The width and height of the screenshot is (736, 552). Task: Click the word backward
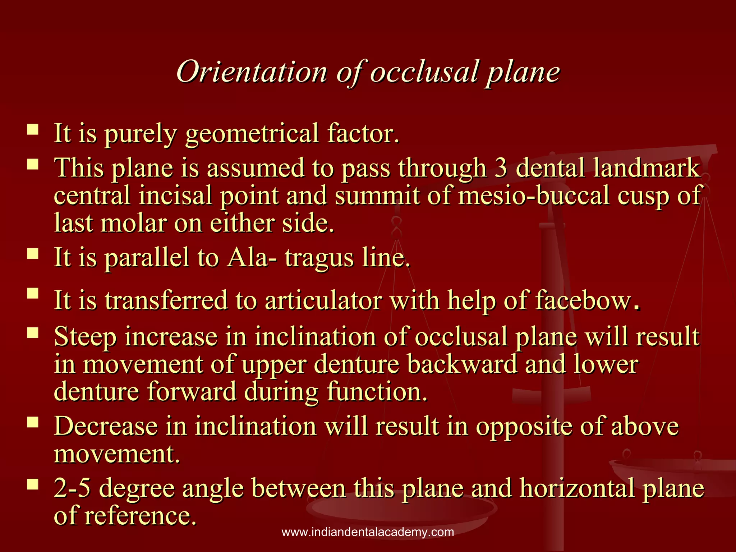(462, 364)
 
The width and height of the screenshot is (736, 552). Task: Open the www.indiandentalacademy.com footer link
(368, 532)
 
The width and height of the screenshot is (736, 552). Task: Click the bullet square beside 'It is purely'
(33, 129)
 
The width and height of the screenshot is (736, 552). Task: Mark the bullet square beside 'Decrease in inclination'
(33, 422)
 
